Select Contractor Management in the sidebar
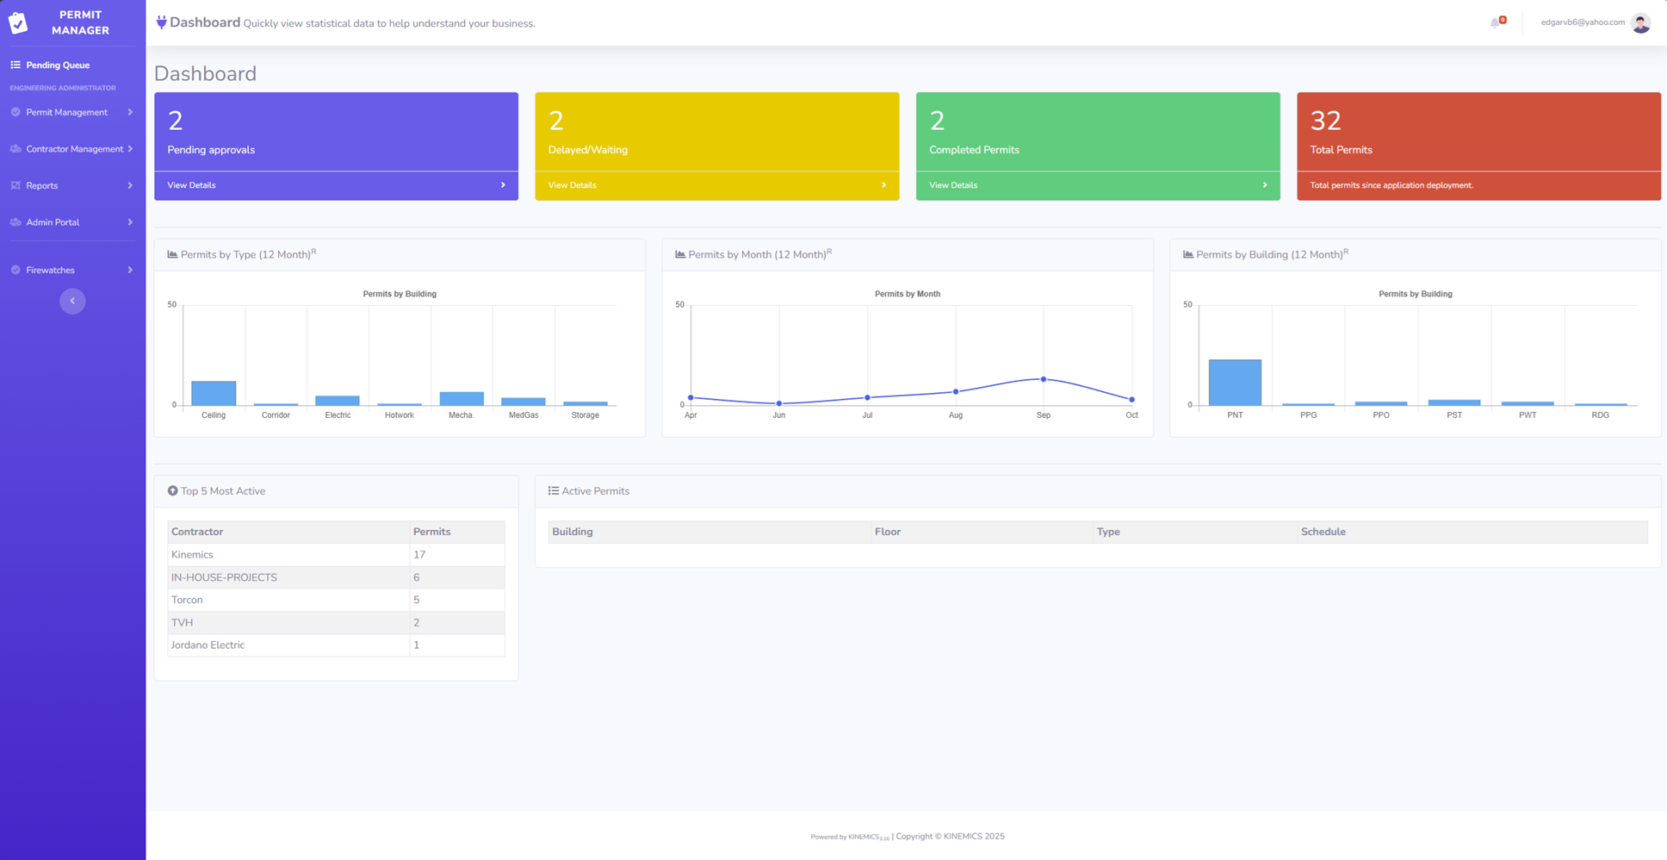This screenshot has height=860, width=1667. point(74,149)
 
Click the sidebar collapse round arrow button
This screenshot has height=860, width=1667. point(72,301)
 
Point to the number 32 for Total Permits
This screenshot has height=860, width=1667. point(1325,121)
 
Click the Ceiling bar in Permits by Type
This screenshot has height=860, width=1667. point(214,393)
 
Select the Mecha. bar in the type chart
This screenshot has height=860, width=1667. point(462,399)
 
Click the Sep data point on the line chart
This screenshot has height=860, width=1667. point(1044,379)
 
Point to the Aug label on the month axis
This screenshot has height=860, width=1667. point(956,415)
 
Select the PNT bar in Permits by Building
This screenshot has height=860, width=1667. point(1235,383)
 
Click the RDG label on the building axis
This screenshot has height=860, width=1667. point(1600,415)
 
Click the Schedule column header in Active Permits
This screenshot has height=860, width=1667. point(1323,532)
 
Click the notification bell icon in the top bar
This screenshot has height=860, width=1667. point(1496,23)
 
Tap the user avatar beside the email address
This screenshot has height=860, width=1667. point(1640,23)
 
